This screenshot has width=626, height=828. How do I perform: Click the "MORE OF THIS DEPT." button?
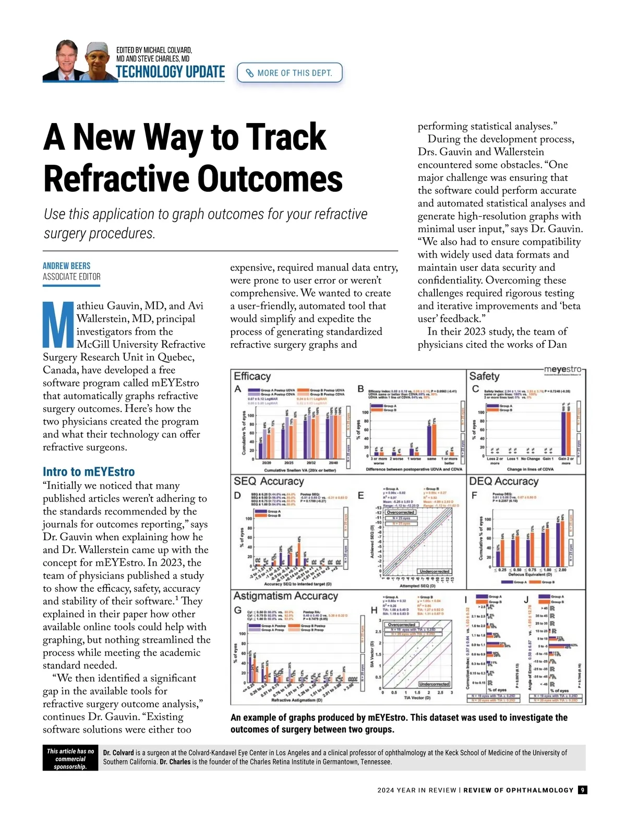pyautogui.click(x=290, y=73)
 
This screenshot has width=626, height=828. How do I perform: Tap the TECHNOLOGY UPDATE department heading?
pyautogui.click(x=170, y=72)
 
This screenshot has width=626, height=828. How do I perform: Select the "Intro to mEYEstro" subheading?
pyautogui.click(x=89, y=472)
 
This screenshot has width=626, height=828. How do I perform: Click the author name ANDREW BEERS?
pyautogui.click(x=67, y=266)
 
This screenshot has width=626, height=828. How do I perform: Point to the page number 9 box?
pyautogui.click(x=583, y=790)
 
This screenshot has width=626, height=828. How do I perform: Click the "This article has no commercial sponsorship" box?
pyautogui.click(x=70, y=759)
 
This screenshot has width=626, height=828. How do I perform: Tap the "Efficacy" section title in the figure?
pyautogui.click(x=252, y=376)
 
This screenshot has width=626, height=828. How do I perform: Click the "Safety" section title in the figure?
pyautogui.click(x=484, y=376)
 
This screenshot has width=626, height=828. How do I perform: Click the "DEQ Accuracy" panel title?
pyautogui.click(x=503, y=481)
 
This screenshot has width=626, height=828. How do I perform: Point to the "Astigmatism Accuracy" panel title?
pyautogui.click(x=285, y=596)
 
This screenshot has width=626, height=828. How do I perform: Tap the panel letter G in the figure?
pyautogui.click(x=238, y=610)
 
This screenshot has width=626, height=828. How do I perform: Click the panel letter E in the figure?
pyautogui.click(x=361, y=495)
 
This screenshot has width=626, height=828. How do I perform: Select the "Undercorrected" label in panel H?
pyautogui.click(x=434, y=684)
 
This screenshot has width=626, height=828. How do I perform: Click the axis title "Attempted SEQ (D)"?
pyautogui.click(x=417, y=586)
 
